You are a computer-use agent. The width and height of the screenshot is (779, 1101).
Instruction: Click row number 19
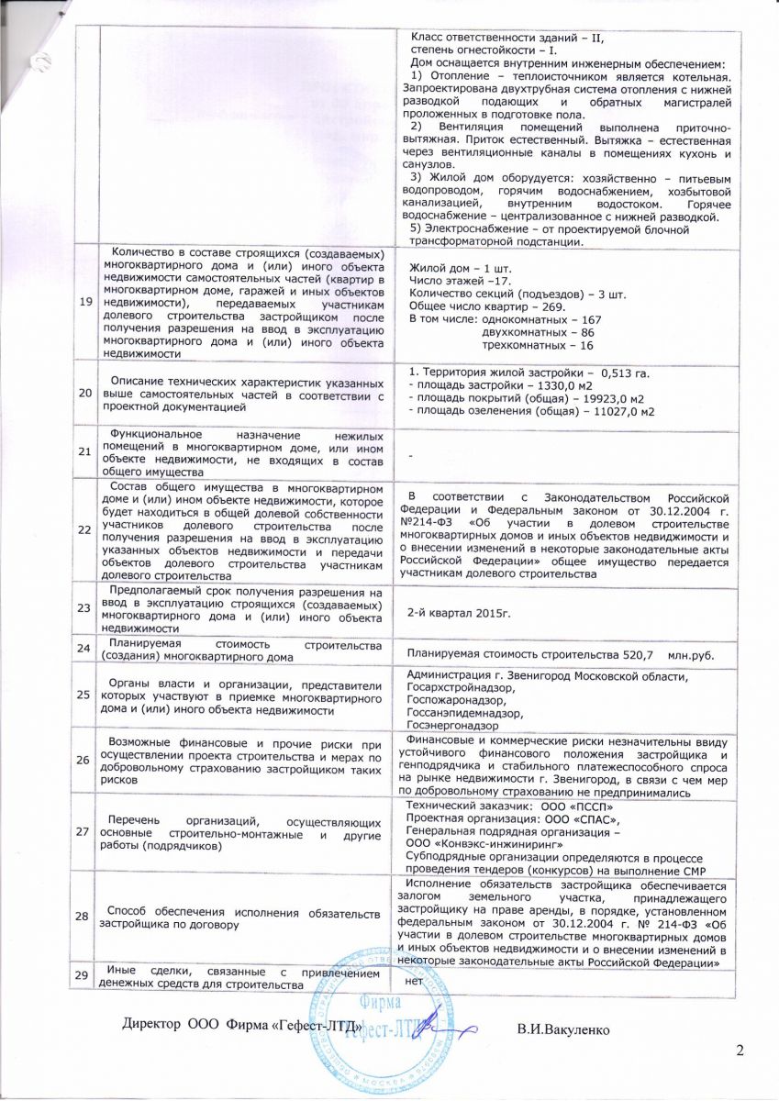pyautogui.click(x=84, y=300)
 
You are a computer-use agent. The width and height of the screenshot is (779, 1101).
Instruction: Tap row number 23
pyautogui.click(x=84, y=607)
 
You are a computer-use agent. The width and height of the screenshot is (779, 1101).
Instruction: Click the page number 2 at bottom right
pyautogui.click(x=740, y=1050)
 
